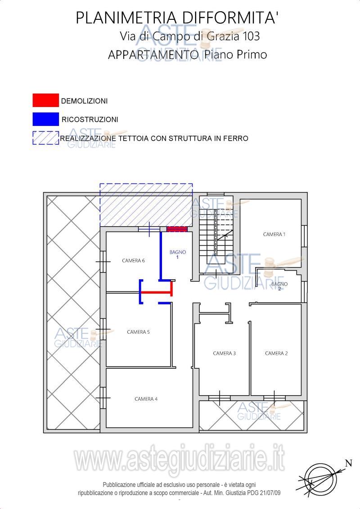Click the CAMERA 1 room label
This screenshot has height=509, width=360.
point(274,234)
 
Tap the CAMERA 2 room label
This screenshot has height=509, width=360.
point(276,353)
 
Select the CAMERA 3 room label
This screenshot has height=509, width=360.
point(224,353)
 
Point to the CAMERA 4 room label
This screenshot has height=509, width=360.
point(146,399)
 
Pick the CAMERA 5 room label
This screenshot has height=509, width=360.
point(139,332)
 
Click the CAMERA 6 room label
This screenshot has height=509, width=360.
point(133,260)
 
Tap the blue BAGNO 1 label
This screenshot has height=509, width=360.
point(178,254)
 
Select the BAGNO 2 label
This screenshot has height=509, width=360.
point(279,286)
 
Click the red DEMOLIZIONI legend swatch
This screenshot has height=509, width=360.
point(45,100)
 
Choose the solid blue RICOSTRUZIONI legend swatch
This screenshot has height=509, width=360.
point(45,119)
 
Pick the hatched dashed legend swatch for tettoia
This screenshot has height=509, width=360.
point(45,138)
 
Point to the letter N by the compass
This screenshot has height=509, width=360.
point(349,463)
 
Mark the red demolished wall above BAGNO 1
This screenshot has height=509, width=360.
point(177,229)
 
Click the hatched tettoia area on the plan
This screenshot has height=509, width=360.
point(146,205)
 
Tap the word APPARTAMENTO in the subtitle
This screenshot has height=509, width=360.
point(153,54)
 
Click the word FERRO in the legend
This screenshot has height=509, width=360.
point(237,138)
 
